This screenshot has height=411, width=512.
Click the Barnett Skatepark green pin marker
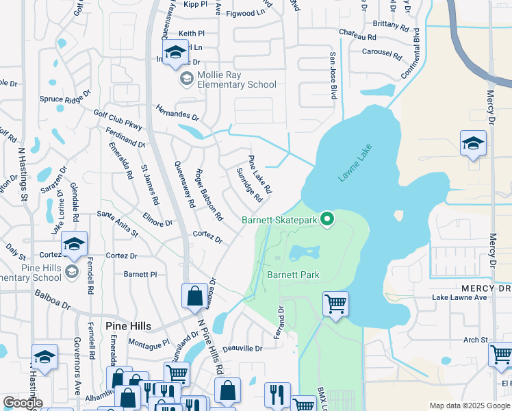[328, 219]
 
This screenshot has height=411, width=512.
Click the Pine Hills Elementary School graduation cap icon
[75, 242]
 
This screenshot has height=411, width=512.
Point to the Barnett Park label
[293, 275]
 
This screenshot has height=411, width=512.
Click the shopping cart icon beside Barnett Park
[335, 303]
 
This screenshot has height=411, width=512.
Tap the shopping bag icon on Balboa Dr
[194, 296]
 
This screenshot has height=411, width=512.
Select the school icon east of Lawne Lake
[473, 142]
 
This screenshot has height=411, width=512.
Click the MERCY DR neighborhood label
[486, 288]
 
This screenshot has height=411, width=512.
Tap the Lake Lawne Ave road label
[459, 298]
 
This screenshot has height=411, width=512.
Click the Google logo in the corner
[23, 403]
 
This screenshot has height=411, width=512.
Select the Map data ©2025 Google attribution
[469, 406]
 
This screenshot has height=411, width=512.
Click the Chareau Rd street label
[357, 35]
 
